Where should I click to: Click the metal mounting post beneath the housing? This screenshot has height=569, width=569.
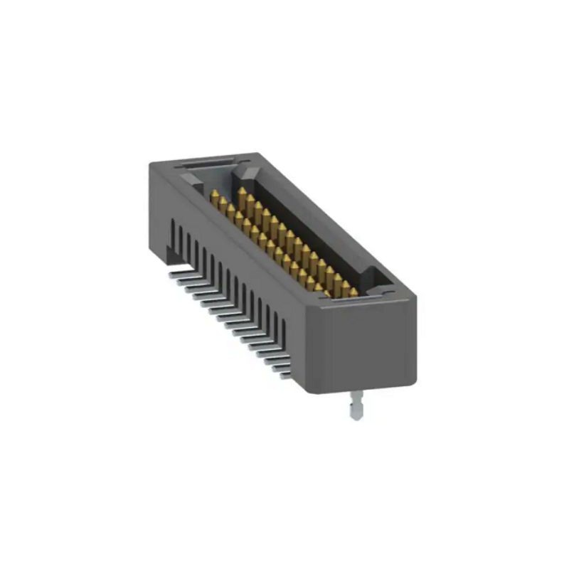coord(355,408)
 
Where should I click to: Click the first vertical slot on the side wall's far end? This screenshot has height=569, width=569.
coord(172,230)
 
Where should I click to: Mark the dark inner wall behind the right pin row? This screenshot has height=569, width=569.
coord(306,228)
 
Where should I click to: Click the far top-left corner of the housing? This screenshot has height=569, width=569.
coord(151,165)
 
